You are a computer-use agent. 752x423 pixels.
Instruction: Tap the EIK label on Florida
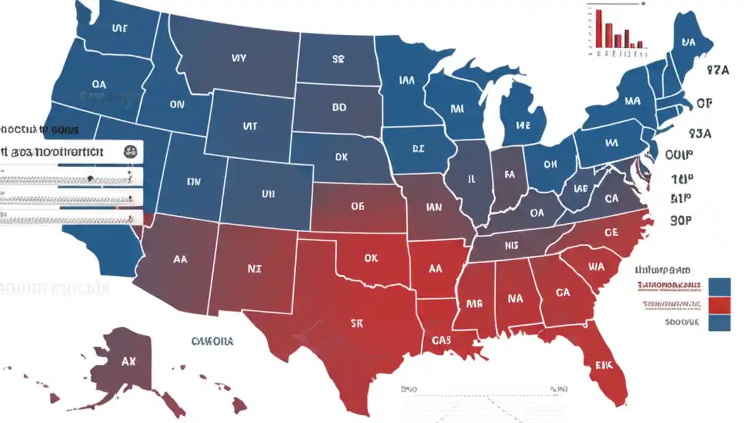pyautogui.click(x=603, y=365)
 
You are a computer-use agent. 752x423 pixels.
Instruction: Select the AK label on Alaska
pyautogui.click(x=128, y=362)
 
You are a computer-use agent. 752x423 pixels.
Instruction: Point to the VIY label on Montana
pyautogui.click(x=239, y=58)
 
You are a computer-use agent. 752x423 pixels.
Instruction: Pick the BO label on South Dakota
pyautogui.click(x=339, y=108)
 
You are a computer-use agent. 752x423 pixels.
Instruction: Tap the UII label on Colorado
pyautogui.click(x=268, y=193)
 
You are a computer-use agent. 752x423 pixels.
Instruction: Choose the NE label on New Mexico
pyautogui.click(x=254, y=269)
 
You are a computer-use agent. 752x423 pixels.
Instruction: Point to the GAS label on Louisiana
pyautogui.click(x=441, y=340)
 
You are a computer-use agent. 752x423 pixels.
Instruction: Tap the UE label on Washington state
pyautogui.click(x=119, y=28)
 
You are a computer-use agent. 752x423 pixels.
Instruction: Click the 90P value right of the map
pyautogui.click(x=681, y=220)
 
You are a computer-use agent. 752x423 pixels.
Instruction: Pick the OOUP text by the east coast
pyautogui.click(x=680, y=155)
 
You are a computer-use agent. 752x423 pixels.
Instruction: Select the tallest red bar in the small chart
pyautogui.click(x=599, y=28)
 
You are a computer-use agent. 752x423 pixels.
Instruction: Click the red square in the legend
pyautogui.click(x=720, y=305)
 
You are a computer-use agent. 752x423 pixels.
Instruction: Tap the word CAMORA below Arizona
pyautogui.click(x=212, y=341)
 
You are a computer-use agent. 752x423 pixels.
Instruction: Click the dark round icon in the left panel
pyautogui.click(x=130, y=152)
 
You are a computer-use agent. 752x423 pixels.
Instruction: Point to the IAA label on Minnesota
pyautogui.click(x=407, y=80)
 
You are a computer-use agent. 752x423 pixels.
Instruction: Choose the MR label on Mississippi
pyautogui.click(x=474, y=304)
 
